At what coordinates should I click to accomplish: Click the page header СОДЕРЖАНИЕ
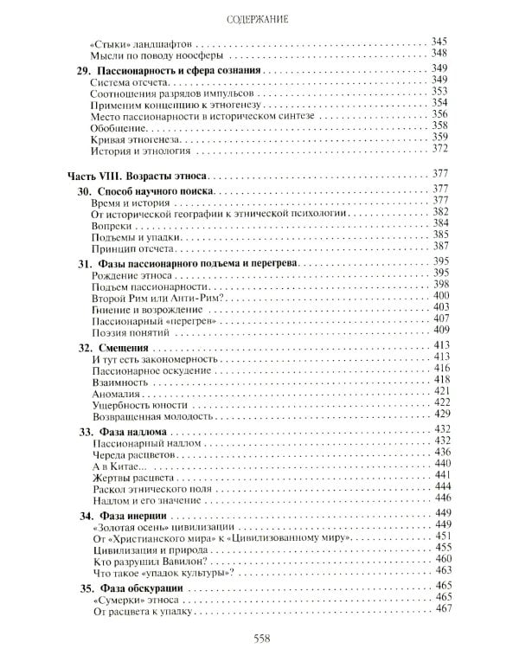click(260, 15)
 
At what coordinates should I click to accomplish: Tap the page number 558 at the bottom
click(260, 638)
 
